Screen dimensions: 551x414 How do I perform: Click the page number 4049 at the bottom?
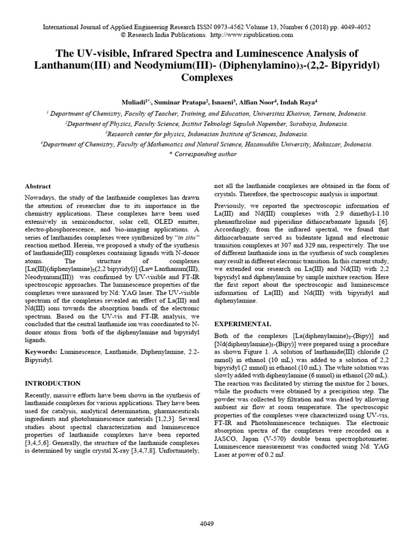click(x=206, y=523)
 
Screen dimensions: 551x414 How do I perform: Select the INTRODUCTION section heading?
click(x=53, y=383)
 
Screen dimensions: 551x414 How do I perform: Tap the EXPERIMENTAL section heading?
click(x=243, y=324)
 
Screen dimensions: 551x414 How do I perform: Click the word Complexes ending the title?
click(x=206, y=77)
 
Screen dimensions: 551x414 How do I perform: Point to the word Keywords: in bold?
click(x=42, y=351)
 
